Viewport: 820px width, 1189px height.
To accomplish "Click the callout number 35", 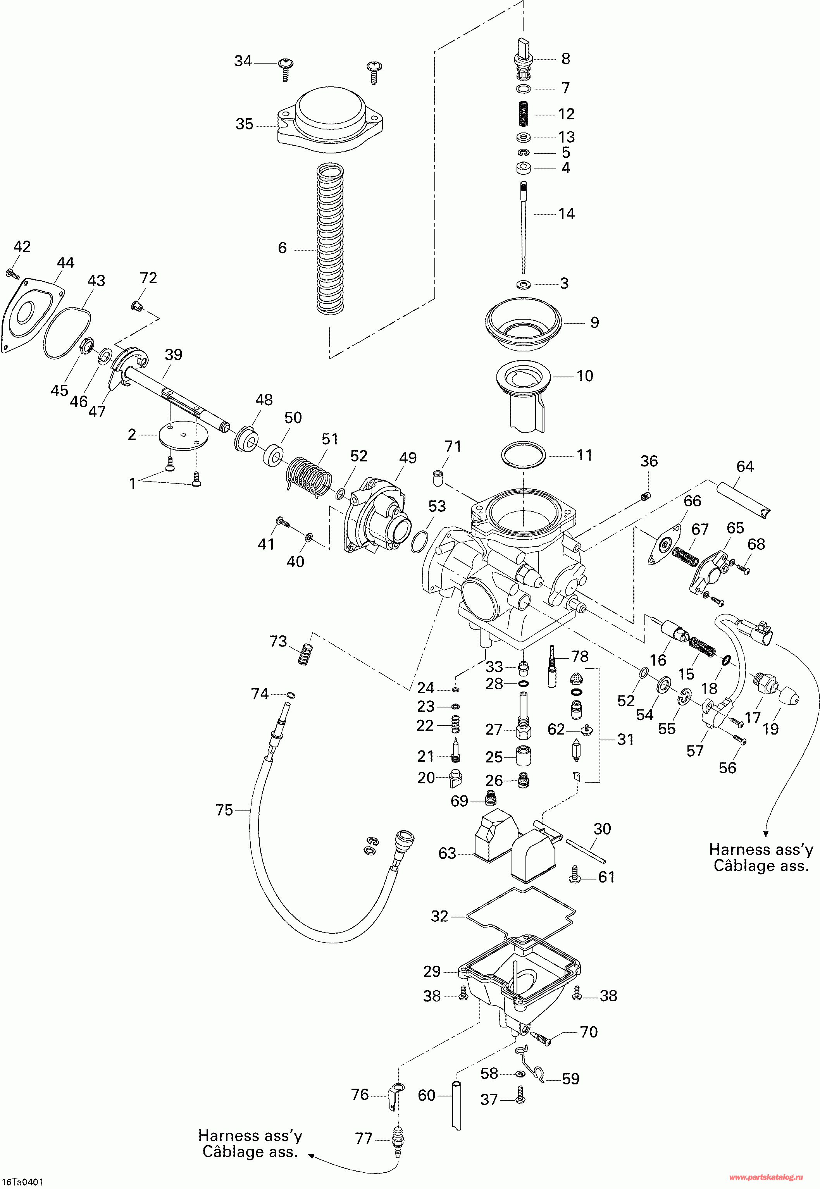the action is (245, 124).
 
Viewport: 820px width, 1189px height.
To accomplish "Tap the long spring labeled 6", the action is (330, 239).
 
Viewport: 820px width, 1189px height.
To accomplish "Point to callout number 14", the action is (566, 213).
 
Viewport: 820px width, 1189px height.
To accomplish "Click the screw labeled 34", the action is (285, 69).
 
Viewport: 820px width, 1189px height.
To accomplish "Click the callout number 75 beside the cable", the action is (224, 810).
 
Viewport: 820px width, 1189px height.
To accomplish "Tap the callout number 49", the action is (408, 458).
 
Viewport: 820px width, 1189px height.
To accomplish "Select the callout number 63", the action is (447, 853).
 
